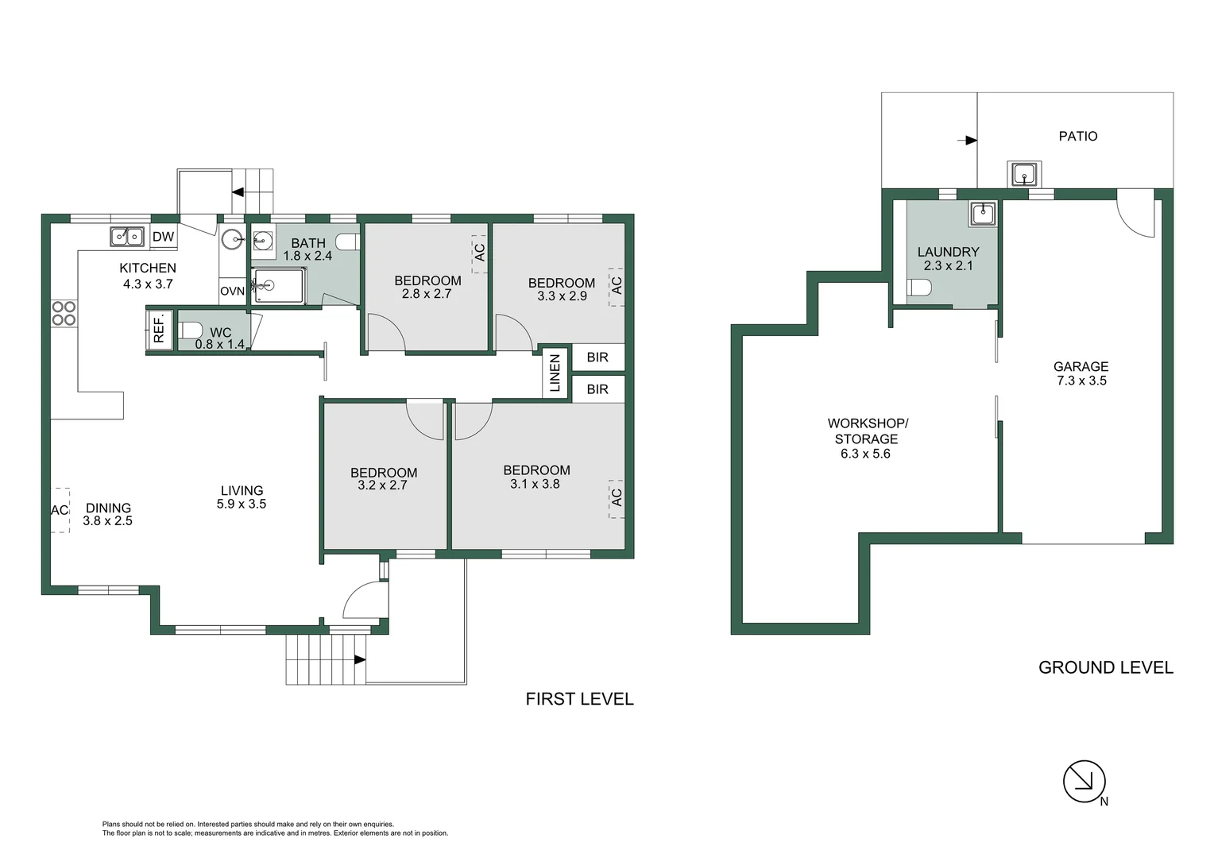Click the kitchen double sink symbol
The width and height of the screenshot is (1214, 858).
pos(127,236)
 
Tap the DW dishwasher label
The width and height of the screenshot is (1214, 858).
pos(163,237)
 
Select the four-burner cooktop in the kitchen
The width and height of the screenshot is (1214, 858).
pos(64,313)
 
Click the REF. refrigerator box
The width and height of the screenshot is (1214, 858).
pos(158,328)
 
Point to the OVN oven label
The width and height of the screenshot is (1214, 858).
pos(232,292)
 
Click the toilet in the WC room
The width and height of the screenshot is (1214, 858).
pos(191,330)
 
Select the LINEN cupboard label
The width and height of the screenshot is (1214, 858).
pos(555,373)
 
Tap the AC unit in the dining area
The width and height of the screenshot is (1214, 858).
pos(60,510)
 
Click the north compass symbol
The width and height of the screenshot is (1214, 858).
pos(1084,781)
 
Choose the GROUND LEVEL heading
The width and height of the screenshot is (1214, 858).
pos(1105,668)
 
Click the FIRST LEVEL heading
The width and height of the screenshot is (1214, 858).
pos(579,699)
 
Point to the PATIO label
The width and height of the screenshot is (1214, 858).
pos(1077,137)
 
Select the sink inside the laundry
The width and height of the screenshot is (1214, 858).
pos(983,212)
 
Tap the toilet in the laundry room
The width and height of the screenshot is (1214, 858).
pos(918,287)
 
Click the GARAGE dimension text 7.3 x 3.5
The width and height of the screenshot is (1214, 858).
pos(1081,381)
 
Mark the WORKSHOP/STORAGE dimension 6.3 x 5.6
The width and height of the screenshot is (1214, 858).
pos(865,454)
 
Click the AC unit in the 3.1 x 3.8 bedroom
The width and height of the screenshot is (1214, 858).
pos(617,498)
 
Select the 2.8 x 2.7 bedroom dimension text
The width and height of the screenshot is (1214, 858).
pos(427,294)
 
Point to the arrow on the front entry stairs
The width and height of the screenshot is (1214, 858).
pos(359,659)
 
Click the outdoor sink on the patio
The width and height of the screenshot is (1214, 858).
pos(1023,173)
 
